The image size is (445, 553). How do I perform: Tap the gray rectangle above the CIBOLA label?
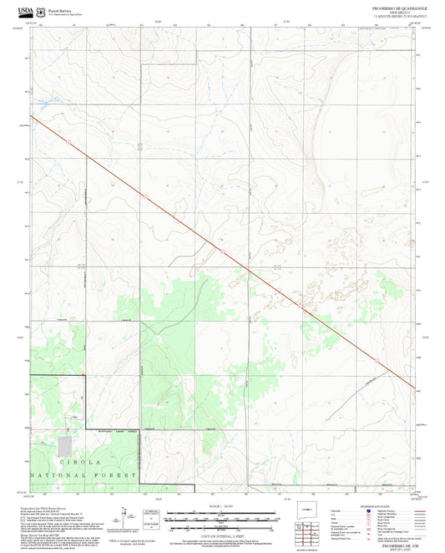[64, 445]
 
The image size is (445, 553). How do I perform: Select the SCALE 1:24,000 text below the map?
[222, 505]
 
